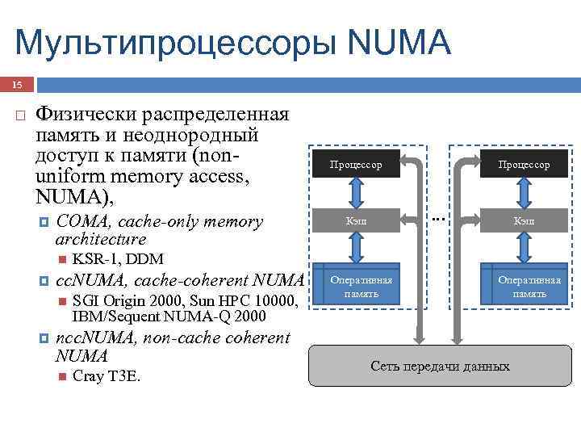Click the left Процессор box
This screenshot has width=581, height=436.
coord(355,165)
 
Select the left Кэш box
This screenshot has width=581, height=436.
coord(355,220)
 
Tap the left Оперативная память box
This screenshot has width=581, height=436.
coord(355,286)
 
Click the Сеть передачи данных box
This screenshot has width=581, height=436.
coord(440,367)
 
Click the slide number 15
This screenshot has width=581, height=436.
coord(18,85)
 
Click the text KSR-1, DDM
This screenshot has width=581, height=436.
coord(118,259)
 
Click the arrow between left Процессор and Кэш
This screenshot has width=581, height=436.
coord(355,192)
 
